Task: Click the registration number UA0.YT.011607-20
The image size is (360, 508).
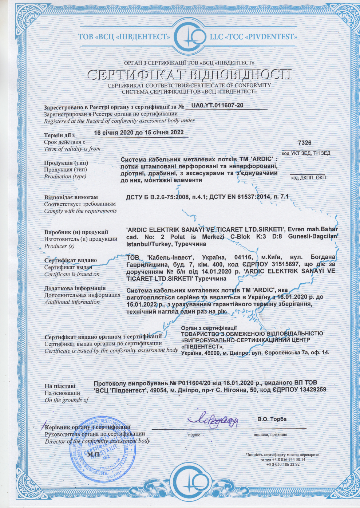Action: click(217, 106)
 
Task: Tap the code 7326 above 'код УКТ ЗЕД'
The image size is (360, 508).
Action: click(305, 143)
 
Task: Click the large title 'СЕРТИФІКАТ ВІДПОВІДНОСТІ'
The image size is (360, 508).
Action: click(189, 75)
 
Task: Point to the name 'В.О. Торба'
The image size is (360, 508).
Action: click(272, 419)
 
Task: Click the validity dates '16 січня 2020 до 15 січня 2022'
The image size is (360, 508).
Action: click(139, 133)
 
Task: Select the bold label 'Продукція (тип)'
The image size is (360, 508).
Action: click(66, 163)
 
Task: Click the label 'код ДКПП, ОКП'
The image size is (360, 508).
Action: click(308, 178)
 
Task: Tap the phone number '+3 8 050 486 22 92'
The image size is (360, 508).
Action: click(283, 464)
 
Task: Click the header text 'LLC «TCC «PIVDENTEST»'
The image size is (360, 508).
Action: click(253, 37)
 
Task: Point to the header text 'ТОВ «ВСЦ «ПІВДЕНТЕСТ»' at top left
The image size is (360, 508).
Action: click(124, 37)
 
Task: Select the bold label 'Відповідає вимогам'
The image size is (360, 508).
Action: click(71, 197)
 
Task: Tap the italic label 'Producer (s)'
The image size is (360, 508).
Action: click(59, 246)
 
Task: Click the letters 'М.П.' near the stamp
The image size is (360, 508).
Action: click(94, 454)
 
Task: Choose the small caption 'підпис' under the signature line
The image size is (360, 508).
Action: click(194, 435)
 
